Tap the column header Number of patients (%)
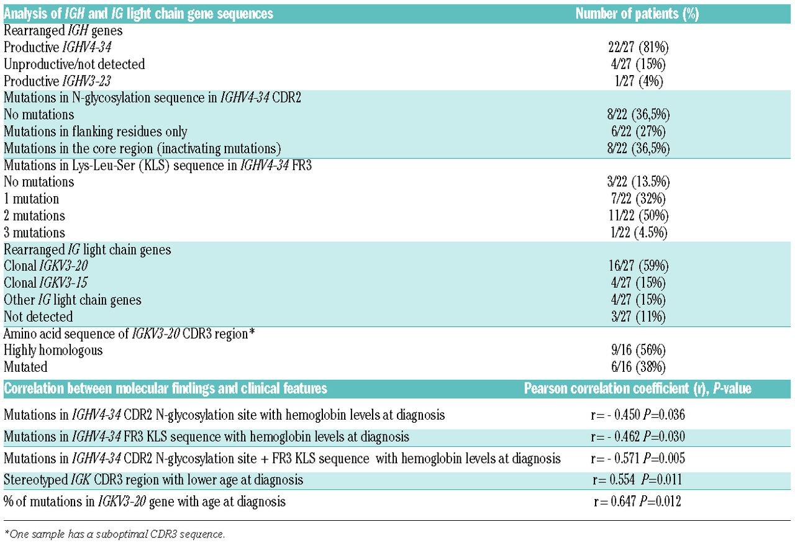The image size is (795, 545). [x=637, y=14]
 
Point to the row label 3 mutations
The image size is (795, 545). [x=34, y=233]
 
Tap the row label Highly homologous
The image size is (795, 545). [x=53, y=350]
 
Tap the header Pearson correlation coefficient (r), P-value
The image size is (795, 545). [x=637, y=389]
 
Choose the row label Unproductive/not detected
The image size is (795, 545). [x=74, y=64]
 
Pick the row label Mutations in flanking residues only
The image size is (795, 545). [x=96, y=132]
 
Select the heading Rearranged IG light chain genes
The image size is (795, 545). [x=88, y=250]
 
